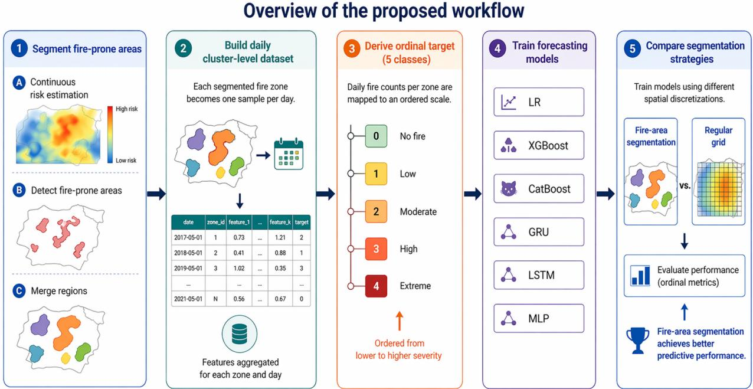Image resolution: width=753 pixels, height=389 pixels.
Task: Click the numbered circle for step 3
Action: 352,49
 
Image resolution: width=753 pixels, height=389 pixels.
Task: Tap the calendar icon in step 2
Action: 289,153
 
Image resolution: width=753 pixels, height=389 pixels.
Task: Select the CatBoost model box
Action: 539,189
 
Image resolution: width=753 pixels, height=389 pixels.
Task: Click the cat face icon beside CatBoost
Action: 509,189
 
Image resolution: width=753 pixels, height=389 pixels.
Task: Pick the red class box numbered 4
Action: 376,286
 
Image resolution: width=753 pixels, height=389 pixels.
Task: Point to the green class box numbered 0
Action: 376,136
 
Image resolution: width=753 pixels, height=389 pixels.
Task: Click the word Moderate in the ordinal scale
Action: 418,212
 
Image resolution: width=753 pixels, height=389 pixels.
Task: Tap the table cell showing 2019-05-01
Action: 188,269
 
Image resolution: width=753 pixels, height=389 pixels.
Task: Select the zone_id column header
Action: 215,222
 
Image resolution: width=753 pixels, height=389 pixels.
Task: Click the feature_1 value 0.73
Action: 239,237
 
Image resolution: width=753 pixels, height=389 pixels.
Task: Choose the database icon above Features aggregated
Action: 240,334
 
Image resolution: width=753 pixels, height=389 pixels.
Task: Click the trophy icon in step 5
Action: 638,341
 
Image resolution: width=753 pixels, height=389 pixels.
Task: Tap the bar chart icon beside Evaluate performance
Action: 640,276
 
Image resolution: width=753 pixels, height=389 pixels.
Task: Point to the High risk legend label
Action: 127,109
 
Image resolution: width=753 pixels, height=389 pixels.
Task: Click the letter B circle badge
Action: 19,190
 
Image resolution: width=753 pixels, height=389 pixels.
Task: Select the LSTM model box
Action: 539,275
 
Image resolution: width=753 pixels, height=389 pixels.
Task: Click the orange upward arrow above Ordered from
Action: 400,321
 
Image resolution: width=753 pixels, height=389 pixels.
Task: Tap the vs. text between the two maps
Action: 685,185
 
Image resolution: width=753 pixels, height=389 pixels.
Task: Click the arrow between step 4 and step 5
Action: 605,194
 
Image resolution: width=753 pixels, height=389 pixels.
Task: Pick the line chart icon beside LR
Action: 509,102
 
